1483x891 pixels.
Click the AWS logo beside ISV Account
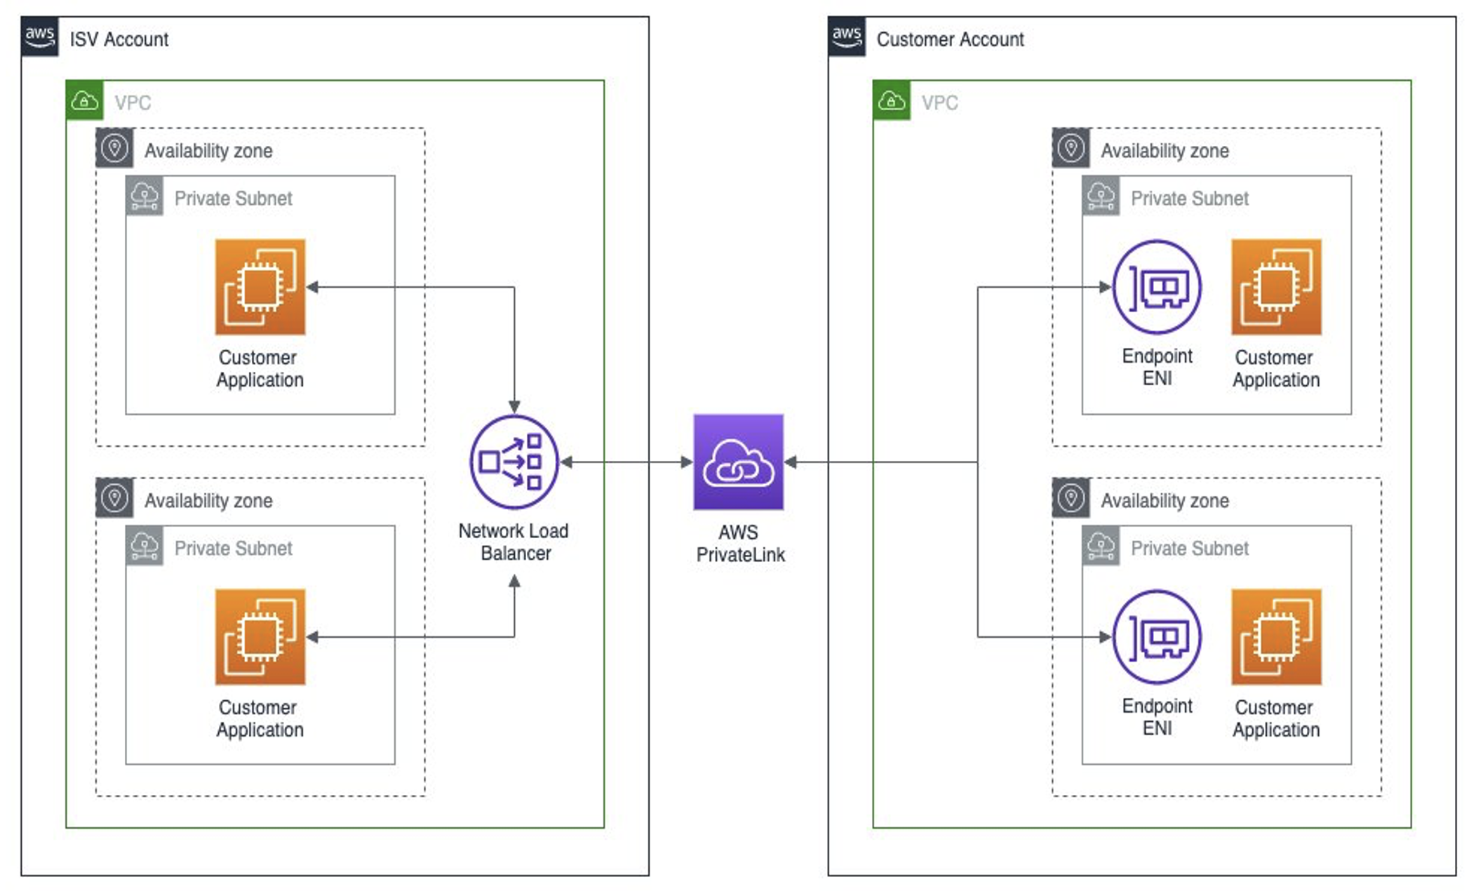(40, 37)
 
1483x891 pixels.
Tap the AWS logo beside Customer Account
(847, 37)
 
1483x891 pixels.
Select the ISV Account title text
(119, 39)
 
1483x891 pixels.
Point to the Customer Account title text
(950, 39)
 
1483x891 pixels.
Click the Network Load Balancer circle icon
(514, 462)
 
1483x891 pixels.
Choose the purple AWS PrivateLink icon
(738, 462)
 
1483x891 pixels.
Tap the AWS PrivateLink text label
(740, 544)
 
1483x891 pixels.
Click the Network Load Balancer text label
(514, 542)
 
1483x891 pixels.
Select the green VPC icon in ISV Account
(85, 100)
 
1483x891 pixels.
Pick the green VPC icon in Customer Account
(892, 100)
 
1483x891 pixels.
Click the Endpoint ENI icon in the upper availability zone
(1157, 287)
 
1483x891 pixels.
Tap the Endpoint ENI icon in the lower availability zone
(1157, 636)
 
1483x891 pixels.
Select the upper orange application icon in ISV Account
(260, 287)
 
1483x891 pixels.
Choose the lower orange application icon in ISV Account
(260, 636)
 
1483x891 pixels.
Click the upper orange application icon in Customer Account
(1276, 287)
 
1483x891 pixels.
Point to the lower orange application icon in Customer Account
(1276, 636)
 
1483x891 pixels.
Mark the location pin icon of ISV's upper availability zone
(114, 148)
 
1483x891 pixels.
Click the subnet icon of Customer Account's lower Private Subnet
(1101, 546)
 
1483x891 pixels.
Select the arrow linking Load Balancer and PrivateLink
(626, 462)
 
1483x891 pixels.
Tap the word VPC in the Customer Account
(939, 103)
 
